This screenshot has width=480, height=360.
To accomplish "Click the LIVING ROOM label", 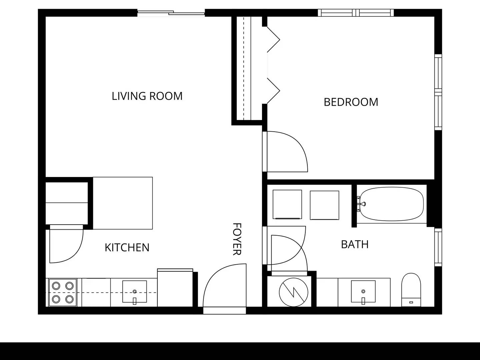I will click(147, 96).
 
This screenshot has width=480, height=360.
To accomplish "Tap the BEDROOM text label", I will click(351, 102).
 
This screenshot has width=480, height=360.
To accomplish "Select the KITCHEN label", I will click(127, 247).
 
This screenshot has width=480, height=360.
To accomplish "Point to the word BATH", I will click(355, 244).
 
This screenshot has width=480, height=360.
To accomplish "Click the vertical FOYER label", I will click(237, 239).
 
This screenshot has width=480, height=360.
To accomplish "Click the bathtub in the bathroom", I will click(392, 204).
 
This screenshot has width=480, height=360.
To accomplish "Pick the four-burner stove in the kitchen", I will click(63, 293).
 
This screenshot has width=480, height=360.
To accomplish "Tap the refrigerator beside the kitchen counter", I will click(175, 288).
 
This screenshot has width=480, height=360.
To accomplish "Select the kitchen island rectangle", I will click(123, 203).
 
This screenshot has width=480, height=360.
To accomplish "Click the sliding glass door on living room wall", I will click(171, 13).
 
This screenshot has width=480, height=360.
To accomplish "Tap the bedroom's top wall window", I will click(356, 13).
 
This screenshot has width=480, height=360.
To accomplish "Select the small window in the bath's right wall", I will click(438, 247).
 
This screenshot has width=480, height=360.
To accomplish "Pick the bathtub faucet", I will click(361, 204).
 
